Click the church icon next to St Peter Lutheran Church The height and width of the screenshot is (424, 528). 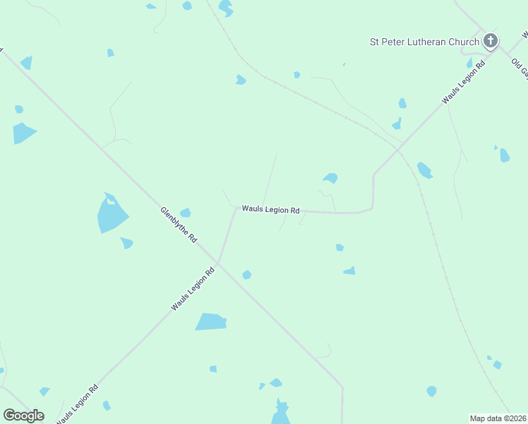491,41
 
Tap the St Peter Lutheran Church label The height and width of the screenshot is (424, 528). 425,42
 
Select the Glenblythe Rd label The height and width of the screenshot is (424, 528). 179,225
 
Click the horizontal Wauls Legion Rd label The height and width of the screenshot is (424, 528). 270,210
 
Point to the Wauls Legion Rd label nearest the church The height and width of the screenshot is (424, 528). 464,83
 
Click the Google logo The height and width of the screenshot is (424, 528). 23,416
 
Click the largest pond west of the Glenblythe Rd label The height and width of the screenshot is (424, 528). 112,215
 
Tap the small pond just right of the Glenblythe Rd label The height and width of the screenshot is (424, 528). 186,212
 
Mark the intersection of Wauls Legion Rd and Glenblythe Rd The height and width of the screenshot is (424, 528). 218,264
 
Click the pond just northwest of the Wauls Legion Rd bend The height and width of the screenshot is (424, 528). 330,178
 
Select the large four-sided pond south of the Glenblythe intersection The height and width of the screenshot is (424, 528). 211,322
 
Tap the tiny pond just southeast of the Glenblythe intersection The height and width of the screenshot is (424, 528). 246,274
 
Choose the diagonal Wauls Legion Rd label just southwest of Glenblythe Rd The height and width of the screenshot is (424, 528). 192,288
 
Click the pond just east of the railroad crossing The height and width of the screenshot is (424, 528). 424,170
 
